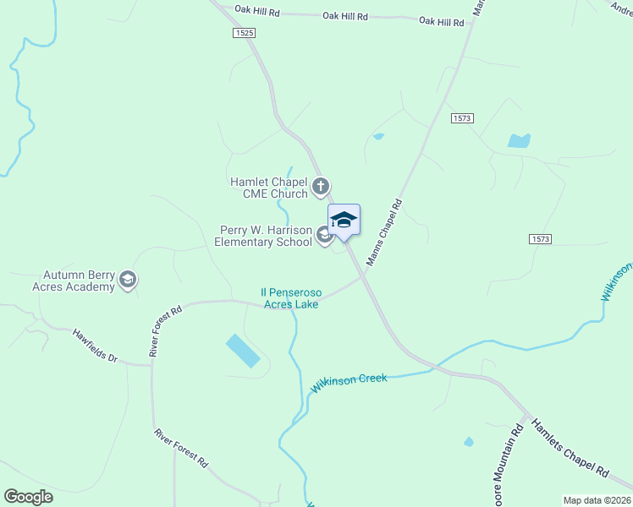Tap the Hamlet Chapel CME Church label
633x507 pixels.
point(269,188)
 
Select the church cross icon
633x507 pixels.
point(321,186)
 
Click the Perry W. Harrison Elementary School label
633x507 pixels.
point(263,236)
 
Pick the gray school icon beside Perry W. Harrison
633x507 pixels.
point(325,236)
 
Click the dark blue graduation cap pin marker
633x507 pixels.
point(344,221)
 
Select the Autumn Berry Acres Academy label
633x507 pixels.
point(79,281)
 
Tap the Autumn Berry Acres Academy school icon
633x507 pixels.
point(128,280)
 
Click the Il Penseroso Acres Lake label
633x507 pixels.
point(289,298)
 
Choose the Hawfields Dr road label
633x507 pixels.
point(94,346)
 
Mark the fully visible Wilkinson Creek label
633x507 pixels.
point(349,383)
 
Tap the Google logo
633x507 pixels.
point(29,497)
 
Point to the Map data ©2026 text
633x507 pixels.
point(597,500)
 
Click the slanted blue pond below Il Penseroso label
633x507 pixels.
point(243,350)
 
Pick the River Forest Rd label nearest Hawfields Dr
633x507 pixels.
point(166,330)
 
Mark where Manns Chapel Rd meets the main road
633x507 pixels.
point(364,274)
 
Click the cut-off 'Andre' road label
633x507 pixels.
point(620,7)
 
